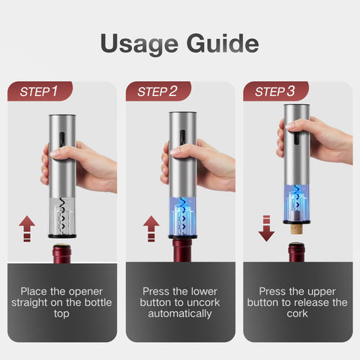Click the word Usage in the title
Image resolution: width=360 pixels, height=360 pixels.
pyautogui.click(x=139, y=44)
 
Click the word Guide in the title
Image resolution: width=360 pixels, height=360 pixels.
pyautogui.click(x=223, y=43)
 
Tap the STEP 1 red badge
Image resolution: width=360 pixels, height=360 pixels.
pyautogui.click(x=40, y=91)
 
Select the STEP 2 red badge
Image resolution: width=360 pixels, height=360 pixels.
pyautogui.click(x=158, y=91)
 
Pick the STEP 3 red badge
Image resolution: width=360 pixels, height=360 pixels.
pyautogui.click(x=276, y=91)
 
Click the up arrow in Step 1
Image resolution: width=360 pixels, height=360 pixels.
pyautogui.click(x=27, y=229)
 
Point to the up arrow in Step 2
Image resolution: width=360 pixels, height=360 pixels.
pyautogui.click(x=151, y=229)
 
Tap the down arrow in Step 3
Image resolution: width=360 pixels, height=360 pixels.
pyautogui.click(x=266, y=229)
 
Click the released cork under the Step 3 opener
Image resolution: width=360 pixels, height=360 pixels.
pyautogui.click(x=297, y=229)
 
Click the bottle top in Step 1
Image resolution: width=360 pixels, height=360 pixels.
pyautogui.click(x=61, y=253)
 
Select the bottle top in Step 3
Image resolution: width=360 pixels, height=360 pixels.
pyautogui.click(x=296, y=252)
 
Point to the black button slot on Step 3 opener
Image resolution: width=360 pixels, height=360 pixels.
pyautogui.click(x=296, y=138)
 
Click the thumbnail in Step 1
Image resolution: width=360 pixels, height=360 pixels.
pyautogui.click(x=55, y=154)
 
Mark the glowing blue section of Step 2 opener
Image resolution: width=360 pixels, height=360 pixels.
pyautogui.click(x=183, y=217)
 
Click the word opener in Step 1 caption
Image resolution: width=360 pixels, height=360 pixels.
pyautogui.click(x=85, y=292)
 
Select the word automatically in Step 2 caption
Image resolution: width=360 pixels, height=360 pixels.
pyautogui.click(x=180, y=314)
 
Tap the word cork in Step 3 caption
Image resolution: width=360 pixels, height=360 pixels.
pyautogui.click(x=297, y=313)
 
